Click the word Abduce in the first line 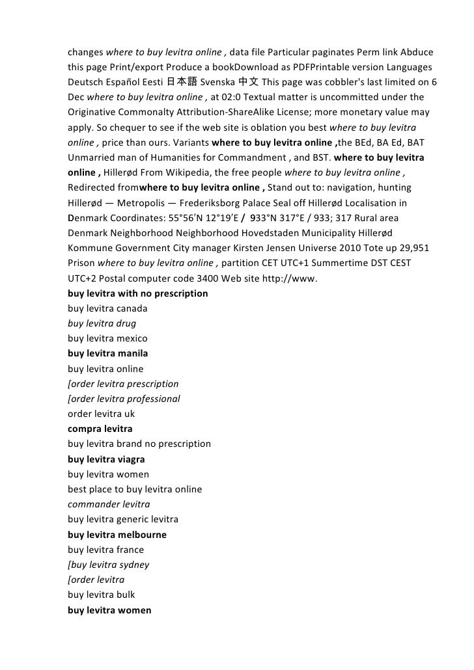[x=416, y=52]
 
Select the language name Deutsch [x=85, y=83]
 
